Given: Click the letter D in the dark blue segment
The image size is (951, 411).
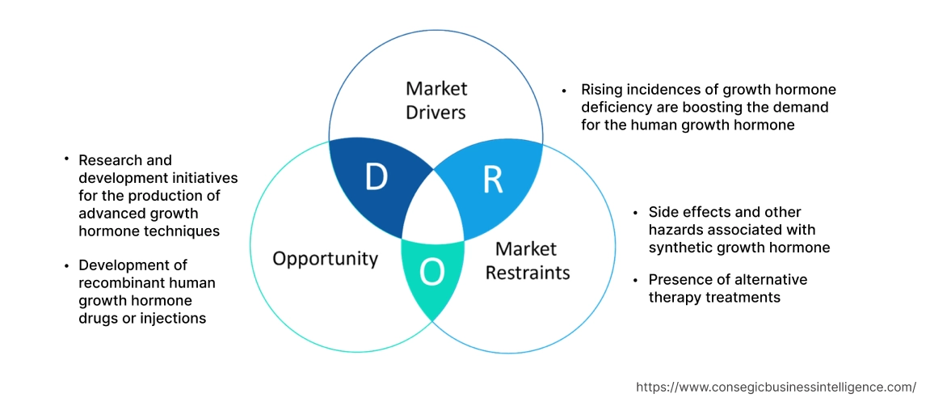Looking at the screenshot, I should [376, 177].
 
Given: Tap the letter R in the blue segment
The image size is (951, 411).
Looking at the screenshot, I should [492, 180].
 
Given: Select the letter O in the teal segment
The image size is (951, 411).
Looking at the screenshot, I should [432, 273].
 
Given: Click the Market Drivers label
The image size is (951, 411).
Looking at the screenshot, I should [436, 100].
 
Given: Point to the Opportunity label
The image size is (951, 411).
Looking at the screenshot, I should [325, 258].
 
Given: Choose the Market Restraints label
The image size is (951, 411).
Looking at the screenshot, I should [527, 260].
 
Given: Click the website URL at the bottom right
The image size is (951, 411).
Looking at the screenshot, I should [776, 387].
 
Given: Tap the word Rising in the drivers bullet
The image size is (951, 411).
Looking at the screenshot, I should [600, 90].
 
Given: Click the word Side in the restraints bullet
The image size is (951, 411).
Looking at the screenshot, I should [663, 212].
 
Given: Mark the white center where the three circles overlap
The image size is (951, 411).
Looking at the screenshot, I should [432, 217].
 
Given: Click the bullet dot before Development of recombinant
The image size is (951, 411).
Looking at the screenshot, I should [66, 265].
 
